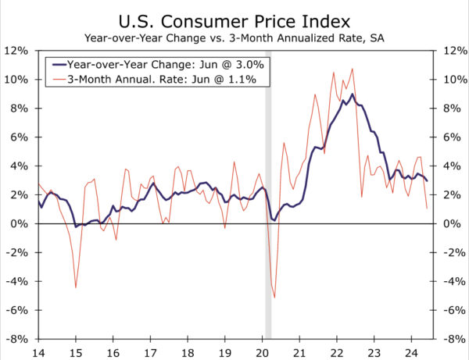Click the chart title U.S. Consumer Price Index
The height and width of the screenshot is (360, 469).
234,18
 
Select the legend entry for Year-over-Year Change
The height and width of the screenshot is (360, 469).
156,66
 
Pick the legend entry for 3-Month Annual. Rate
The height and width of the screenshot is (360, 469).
156,80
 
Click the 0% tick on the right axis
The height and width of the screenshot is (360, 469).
451,224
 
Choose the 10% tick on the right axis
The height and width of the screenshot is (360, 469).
453,80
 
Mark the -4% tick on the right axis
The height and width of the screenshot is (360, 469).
453,281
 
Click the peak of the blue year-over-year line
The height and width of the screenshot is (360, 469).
353,94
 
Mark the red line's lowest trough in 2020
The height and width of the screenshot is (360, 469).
274,297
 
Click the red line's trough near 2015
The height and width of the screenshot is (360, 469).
75,287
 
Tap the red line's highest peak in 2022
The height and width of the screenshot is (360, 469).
353,69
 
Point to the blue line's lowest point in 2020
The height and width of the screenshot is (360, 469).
274,221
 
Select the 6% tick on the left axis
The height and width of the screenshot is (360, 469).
20,137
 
